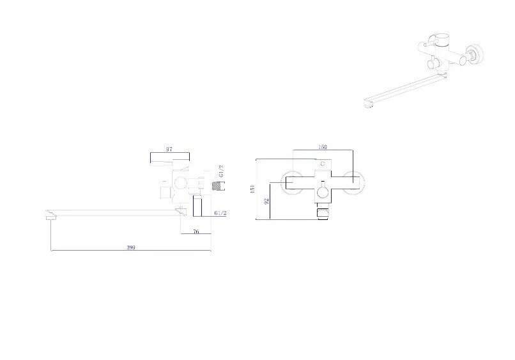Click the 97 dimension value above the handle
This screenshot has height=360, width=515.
point(169,149)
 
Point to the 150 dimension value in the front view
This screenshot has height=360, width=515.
point(323,148)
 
